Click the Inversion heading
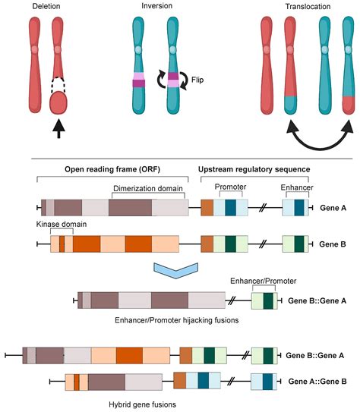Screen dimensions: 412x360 pyautogui.click(x=157, y=7)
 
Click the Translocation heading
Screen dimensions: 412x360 pyautogui.click(x=302, y=7)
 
